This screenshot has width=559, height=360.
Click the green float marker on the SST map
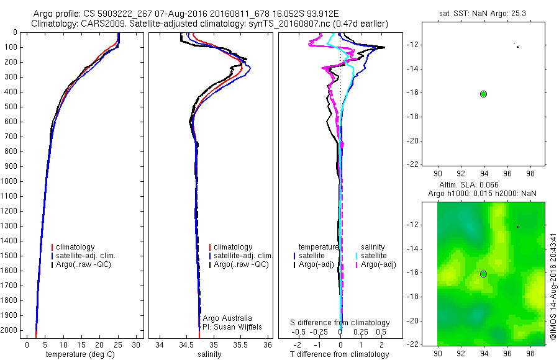click(484, 94)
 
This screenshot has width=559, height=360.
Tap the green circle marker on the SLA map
click(484, 274)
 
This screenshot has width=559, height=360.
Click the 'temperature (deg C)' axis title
click(81, 354)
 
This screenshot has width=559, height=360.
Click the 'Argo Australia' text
click(227, 318)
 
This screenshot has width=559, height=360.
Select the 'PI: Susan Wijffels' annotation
click(229, 326)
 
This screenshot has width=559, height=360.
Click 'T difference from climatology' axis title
click(339, 354)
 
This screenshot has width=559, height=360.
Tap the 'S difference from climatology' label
click(340, 323)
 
